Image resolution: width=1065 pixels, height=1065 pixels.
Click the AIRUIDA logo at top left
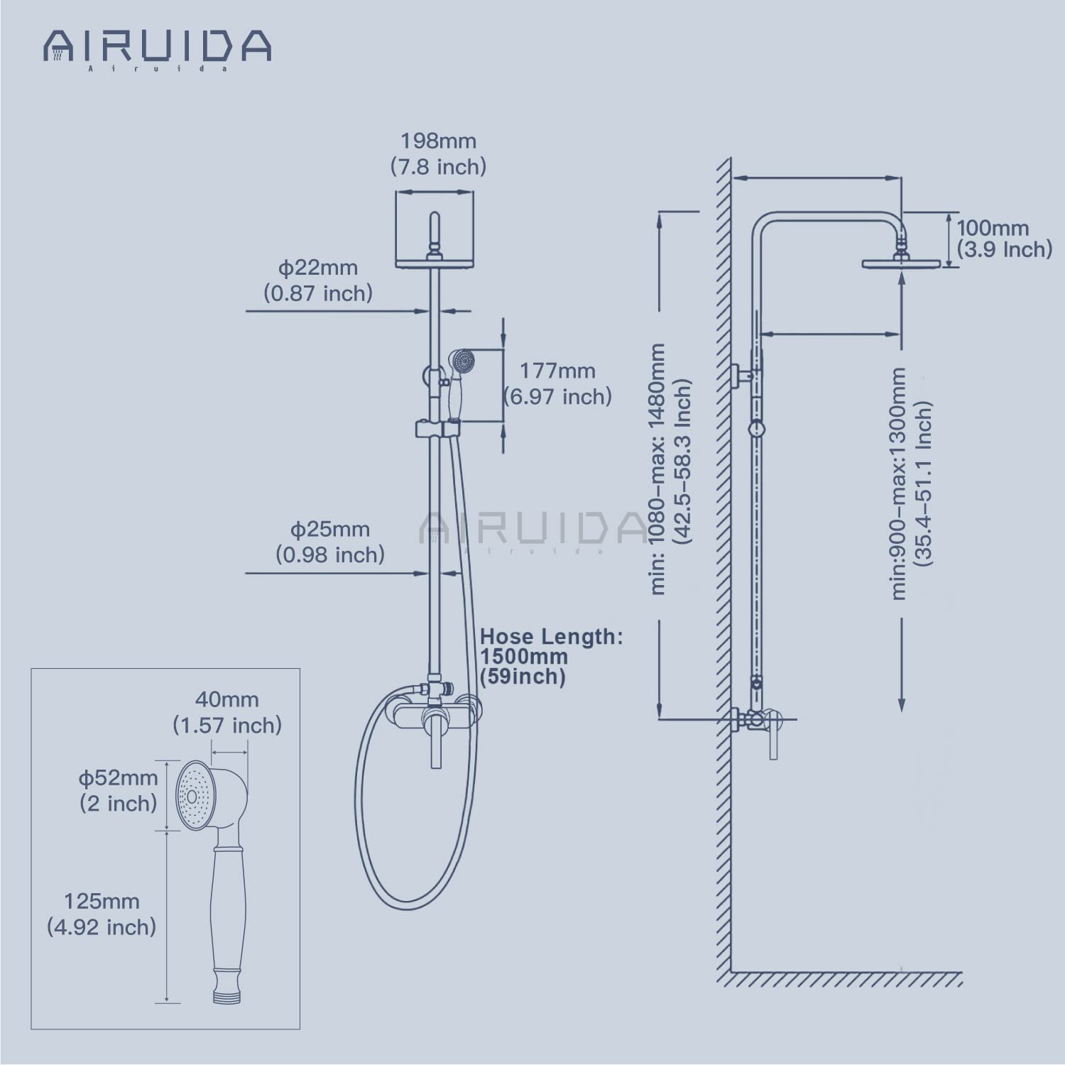(x=157, y=47)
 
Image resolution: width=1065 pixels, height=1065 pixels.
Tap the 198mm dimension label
(x=438, y=141)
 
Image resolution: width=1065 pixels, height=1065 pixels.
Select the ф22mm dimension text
(x=317, y=268)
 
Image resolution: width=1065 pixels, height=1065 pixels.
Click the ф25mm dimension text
(x=329, y=530)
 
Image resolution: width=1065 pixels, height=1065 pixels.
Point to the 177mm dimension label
(x=557, y=371)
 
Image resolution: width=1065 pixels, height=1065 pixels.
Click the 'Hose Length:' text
(x=551, y=636)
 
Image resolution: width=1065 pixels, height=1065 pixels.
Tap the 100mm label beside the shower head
(x=992, y=228)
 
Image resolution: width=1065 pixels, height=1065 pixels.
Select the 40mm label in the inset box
(x=226, y=699)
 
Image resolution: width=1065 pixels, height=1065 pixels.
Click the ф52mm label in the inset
(x=118, y=777)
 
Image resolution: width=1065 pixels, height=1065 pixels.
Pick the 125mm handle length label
(x=102, y=902)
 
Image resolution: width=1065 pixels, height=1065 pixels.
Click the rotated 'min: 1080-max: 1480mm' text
(x=658, y=469)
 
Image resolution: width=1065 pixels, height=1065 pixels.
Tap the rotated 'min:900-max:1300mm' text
(x=899, y=483)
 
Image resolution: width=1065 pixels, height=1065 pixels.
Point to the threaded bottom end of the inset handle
(x=227, y=994)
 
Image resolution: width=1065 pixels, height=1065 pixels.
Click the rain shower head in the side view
(x=901, y=263)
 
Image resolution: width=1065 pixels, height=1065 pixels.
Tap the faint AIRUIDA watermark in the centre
(x=532, y=529)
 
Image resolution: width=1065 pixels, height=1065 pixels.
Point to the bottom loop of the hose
(x=408, y=905)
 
